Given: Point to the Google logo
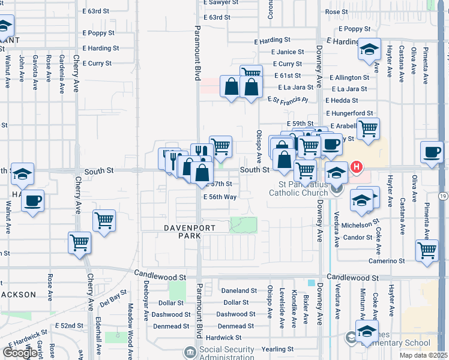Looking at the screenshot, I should (x=20, y=353).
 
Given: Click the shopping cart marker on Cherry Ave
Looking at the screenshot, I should (x=79, y=243).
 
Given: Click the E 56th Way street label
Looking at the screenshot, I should (x=219, y=197).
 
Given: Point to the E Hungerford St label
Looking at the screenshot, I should (x=349, y=113).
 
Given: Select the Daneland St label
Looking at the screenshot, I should (x=235, y=290).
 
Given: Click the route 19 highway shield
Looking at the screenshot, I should (x=442, y=196).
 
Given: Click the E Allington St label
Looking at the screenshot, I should (x=348, y=77).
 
